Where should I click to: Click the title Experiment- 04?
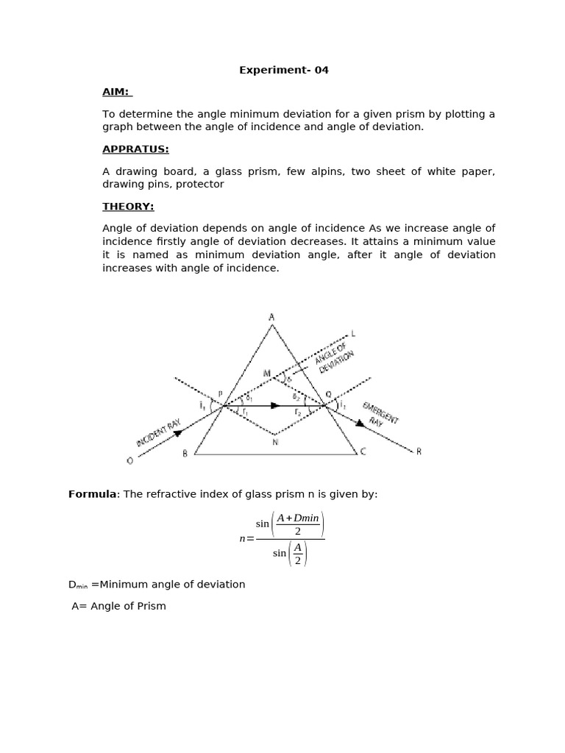pos(283,71)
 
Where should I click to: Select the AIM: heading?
pos(116,92)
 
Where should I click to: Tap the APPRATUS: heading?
pos(135,149)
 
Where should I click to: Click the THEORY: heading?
pos(128,207)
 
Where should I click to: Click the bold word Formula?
pos(93,494)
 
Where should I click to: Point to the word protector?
pos(200,185)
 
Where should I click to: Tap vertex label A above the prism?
pos(271,317)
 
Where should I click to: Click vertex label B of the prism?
pos(185,454)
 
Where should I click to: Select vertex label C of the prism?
pos(361,452)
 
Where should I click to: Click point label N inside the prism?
pos(275,442)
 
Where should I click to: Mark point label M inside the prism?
pos(266,374)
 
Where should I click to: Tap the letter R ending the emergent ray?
pos(419,452)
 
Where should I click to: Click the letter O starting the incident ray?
pos(129,460)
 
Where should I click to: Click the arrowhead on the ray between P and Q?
pos(275,405)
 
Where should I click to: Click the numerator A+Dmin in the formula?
pos(297,518)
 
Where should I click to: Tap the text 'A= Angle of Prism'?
pos(118,606)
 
